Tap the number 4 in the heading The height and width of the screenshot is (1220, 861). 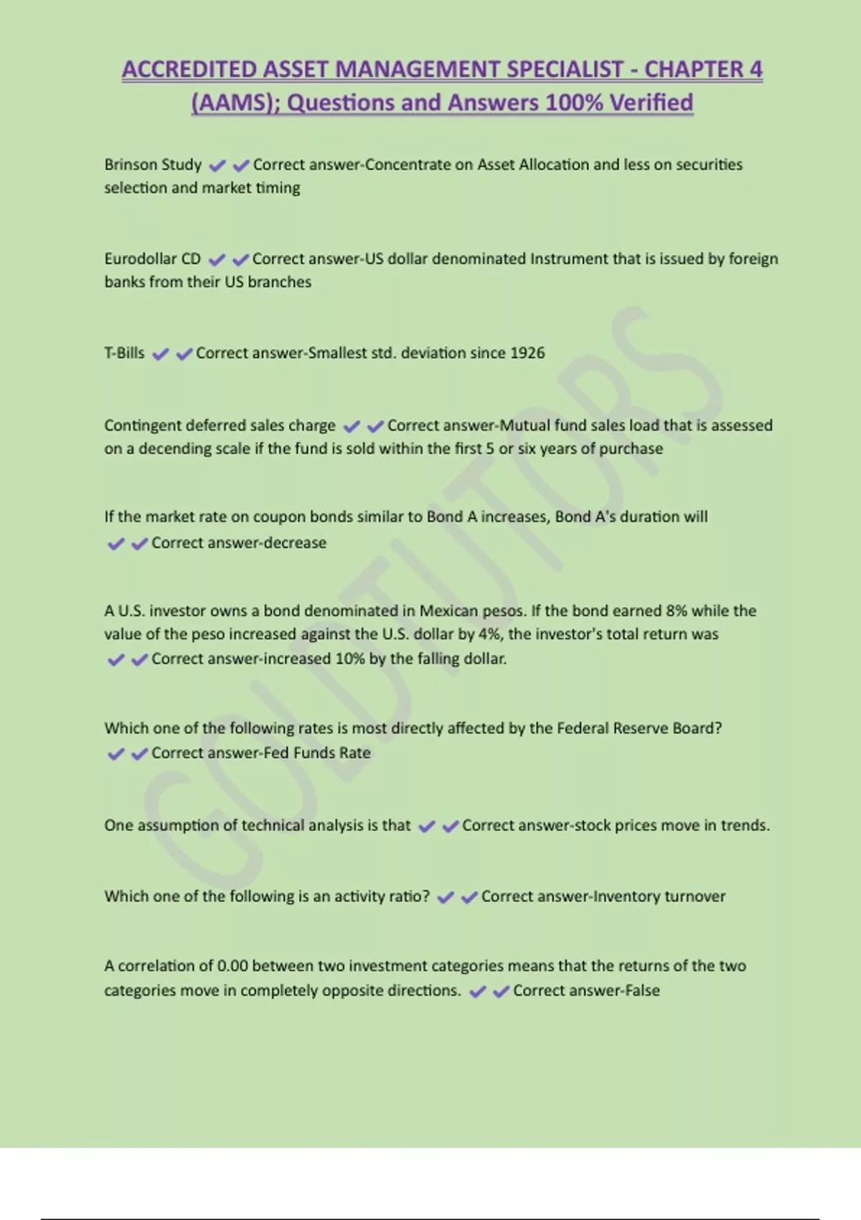[x=756, y=70]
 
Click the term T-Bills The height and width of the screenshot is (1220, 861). [x=124, y=353]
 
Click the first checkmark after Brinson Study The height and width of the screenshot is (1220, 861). [x=217, y=166]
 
